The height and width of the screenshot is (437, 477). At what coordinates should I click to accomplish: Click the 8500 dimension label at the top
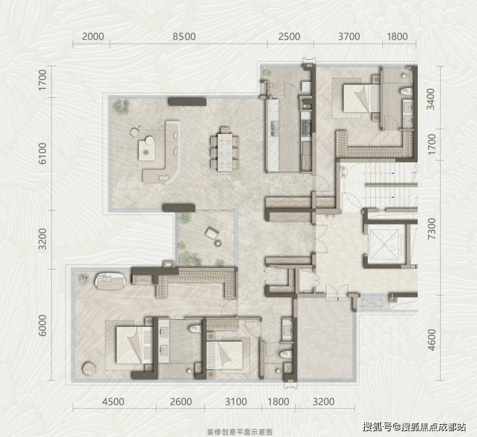(184, 37)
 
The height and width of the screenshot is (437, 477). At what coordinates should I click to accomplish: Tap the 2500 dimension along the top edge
(289, 37)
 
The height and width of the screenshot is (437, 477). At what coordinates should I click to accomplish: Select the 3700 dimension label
(349, 37)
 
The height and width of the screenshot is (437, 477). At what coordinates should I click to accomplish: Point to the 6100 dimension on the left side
(43, 153)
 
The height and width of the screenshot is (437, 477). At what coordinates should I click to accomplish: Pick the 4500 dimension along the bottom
(113, 402)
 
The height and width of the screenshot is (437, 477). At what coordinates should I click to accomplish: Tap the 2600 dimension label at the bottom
(180, 402)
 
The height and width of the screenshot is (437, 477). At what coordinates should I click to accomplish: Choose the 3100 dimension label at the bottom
(236, 402)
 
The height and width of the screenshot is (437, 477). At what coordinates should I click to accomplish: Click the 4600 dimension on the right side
(431, 340)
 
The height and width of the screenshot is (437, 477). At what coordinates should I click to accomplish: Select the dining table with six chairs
(225, 149)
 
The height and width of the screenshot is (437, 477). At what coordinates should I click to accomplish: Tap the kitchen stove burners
(306, 127)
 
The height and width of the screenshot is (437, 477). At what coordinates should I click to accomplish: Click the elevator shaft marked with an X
(384, 244)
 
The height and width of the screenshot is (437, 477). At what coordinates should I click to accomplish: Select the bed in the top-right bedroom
(362, 98)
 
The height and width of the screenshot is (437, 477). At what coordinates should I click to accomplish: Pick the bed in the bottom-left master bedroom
(134, 345)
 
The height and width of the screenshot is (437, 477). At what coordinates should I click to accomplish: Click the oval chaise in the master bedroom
(110, 281)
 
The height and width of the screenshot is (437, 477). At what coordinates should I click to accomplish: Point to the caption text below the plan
(239, 432)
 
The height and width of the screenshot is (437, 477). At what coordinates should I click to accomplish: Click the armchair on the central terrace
(212, 233)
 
